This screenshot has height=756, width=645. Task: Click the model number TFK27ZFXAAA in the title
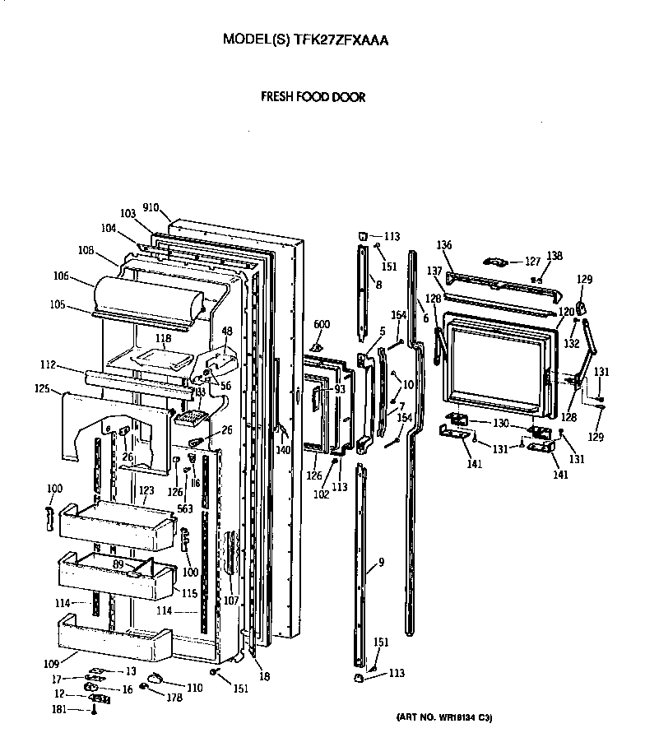pyautogui.click(x=341, y=39)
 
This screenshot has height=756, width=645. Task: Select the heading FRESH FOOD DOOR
pyautogui.click(x=313, y=97)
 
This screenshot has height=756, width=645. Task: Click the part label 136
pyautogui.click(x=444, y=245)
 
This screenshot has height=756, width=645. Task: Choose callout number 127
pyautogui.click(x=532, y=262)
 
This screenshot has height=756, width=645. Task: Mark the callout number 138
pyautogui.click(x=555, y=256)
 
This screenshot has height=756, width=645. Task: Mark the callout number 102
pyautogui.click(x=321, y=494)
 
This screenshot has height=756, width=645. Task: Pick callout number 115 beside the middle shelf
pyautogui.click(x=188, y=594)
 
